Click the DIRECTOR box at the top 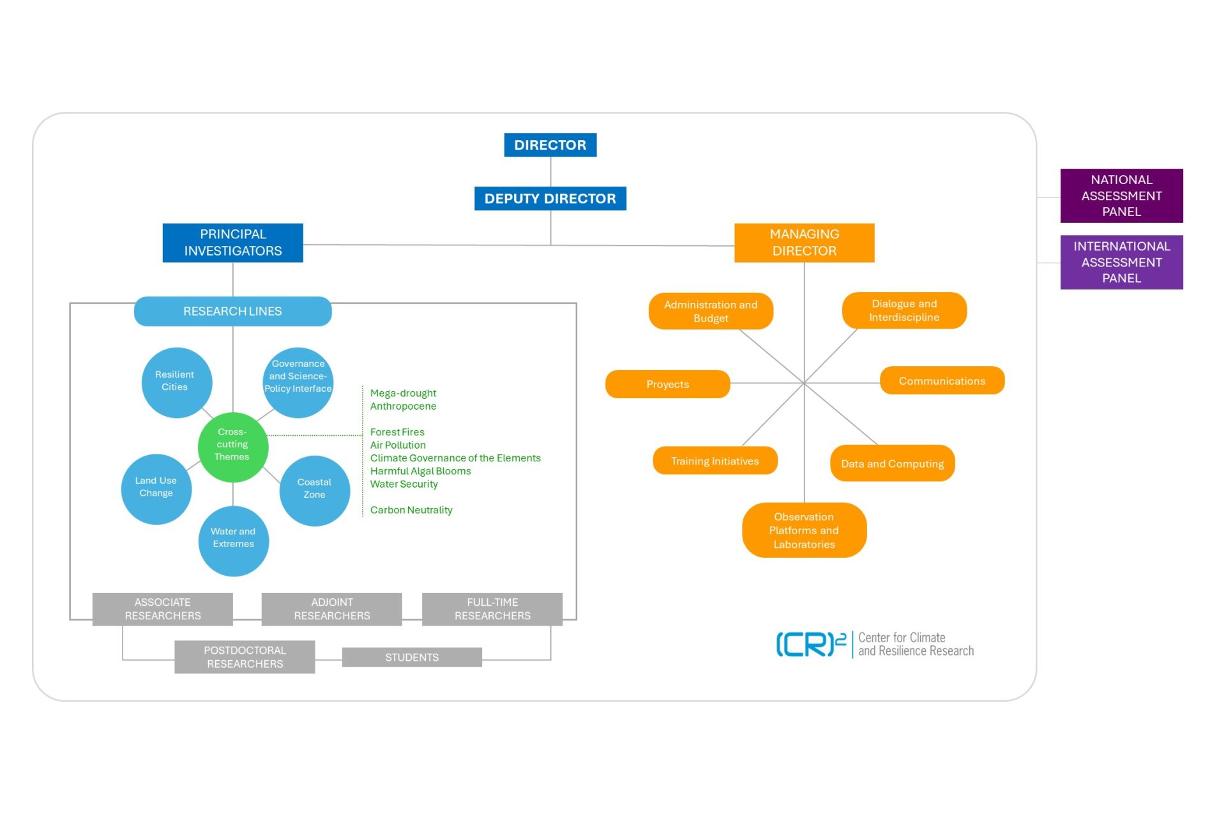[550, 145]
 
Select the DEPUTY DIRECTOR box [550, 199]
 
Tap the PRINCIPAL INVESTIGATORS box [232, 243]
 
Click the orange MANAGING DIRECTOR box [804, 243]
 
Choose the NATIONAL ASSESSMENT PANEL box [1121, 196]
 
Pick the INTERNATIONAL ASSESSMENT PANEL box [1121, 262]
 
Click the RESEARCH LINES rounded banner [232, 311]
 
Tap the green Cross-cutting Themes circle [232, 446]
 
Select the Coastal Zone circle [314, 490]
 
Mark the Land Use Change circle [156, 488]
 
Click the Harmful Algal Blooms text [420, 471]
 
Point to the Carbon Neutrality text [411, 510]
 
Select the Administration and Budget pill [711, 311]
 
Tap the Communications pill [942, 381]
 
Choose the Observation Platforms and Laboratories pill [804, 530]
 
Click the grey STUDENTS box [412, 657]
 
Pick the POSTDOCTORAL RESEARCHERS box [245, 657]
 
